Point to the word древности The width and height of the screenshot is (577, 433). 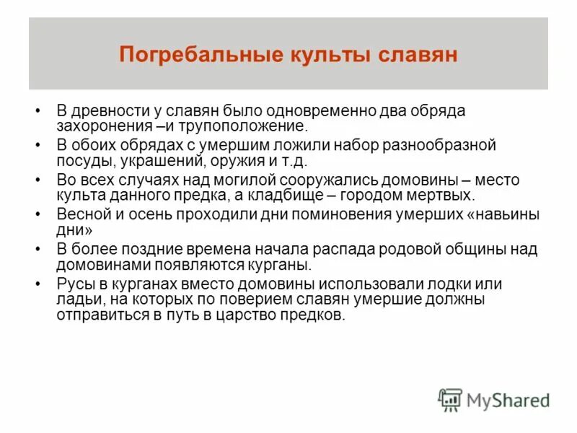coord(111,111)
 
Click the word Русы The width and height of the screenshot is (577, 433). coord(74,282)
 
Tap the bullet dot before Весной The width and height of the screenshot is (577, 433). coord(38,214)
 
